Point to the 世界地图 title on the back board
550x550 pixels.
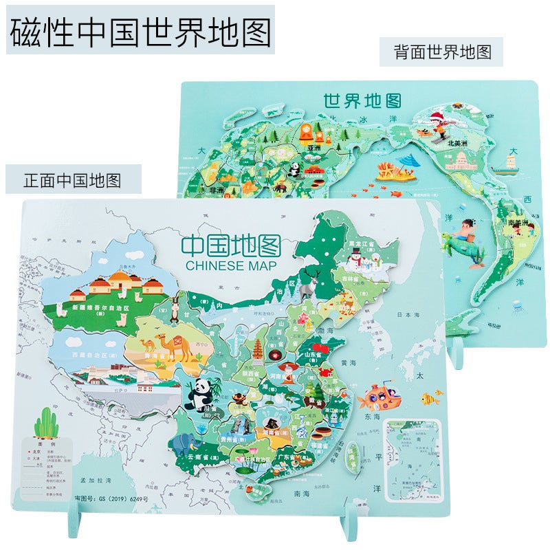click(362, 101)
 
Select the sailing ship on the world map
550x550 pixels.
click(511, 159)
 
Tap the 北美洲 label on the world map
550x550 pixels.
click(459, 144)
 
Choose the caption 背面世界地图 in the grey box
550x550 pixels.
click(442, 52)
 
